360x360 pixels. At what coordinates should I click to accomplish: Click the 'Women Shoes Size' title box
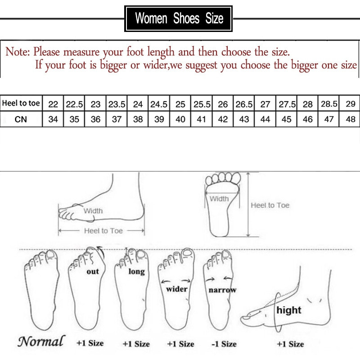click(x=179, y=18)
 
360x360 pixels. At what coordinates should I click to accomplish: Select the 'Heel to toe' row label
click(x=21, y=103)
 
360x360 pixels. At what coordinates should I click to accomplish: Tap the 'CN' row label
click(x=21, y=119)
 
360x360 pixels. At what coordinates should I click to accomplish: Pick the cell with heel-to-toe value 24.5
click(x=159, y=104)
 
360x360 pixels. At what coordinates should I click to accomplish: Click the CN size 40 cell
click(x=180, y=120)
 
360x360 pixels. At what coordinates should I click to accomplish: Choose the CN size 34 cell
click(x=53, y=120)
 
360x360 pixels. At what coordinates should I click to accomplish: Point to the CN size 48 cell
click(x=350, y=120)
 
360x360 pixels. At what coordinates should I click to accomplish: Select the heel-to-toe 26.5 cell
click(x=244, y=104)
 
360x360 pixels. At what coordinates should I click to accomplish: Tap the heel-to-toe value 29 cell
click(x=350, y=104)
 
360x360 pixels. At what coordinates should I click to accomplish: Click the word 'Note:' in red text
click(x=18, y=52)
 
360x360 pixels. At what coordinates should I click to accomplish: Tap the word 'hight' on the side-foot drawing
click(x=289, y=310)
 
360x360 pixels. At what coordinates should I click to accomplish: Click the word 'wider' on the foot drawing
click(x=177, y=289)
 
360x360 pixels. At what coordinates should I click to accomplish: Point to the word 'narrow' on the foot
click(x=222, y=290)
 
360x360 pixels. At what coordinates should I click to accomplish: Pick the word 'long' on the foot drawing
click(x=136, y=271)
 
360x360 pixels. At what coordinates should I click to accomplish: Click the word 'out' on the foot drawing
click(x=93, y=271)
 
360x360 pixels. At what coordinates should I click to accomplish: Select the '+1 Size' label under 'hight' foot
click(x=290, y=344)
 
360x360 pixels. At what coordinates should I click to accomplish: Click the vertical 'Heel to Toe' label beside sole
click(x=270, y=205)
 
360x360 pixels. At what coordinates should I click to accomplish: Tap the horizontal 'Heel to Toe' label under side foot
click(x=103, y=230)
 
